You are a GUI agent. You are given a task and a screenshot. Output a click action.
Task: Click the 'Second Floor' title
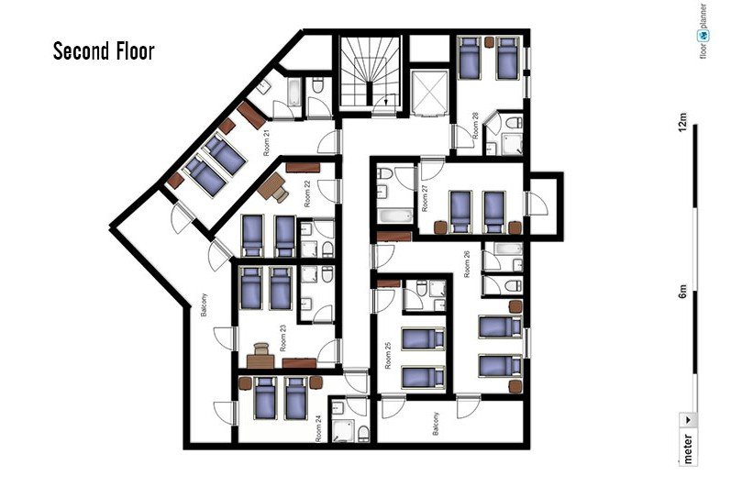pos(104,50)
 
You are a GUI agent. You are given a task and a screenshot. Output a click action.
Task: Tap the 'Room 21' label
pos(267,143)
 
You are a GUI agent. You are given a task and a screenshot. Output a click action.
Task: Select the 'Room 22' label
pos(307,194)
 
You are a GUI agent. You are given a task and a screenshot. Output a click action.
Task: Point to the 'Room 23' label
pos(283,338)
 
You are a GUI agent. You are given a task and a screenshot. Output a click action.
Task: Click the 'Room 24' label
pos(319,428)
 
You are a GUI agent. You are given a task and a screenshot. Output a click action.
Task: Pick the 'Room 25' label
pos(388,356)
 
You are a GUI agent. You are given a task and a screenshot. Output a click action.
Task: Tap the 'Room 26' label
pos(467,265)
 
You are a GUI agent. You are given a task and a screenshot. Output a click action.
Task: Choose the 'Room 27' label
pos(425,198)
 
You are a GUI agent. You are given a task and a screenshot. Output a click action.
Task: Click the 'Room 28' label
pos(475,126)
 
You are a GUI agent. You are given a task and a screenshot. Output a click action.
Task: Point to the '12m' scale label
pos(683,122)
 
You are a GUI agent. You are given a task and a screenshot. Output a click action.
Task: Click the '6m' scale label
pos(683,291)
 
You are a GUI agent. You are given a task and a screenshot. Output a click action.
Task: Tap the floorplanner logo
pos(703,32)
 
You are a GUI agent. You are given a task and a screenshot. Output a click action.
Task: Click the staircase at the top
pos(371,73)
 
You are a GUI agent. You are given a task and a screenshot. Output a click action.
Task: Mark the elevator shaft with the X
pos(429,93)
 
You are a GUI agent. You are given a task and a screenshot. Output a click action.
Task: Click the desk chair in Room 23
pos(261,349)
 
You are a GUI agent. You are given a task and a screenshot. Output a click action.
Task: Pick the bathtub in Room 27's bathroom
pos(395,216)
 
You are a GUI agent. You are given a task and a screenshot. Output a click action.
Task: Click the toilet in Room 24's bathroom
pos(363,434)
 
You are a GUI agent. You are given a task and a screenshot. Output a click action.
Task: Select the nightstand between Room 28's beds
pos(489,42)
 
